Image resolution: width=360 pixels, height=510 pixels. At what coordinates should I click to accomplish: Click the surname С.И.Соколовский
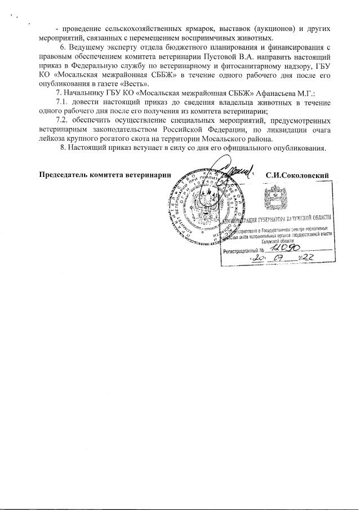click(297, 175)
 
